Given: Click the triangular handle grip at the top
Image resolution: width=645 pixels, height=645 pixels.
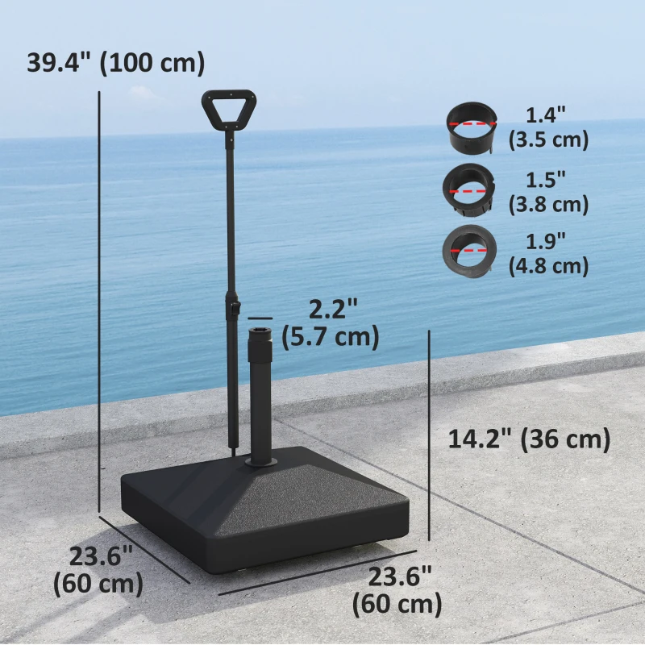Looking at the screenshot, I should click(x=230, y=110).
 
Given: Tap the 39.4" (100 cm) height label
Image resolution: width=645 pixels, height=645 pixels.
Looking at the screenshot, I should click(x=115, y=62).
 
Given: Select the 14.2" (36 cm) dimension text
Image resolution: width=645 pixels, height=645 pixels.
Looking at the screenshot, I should click(x=528, y=439).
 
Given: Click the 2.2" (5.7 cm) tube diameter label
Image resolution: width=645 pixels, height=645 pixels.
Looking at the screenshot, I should click(x=331, y=323).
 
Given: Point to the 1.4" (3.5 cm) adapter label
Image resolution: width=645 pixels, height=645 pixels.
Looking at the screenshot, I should click(x=548, y=127).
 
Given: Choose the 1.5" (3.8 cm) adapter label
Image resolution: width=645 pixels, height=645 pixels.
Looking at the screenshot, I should click(x=548, y=191).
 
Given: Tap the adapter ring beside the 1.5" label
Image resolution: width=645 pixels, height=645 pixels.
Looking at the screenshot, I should click(x=468, y=190).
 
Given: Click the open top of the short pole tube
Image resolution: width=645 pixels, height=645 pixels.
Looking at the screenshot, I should click(x=260, y=331).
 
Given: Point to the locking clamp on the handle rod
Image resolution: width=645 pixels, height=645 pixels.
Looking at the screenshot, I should click(x=234, y=308).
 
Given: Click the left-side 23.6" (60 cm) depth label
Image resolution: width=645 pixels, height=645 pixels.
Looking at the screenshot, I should click(x=99, y=569).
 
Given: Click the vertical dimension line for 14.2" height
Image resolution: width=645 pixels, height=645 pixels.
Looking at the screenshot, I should click(x=429, y=435).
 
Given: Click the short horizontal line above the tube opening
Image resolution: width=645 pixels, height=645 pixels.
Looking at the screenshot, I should click(x=260, y=318).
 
